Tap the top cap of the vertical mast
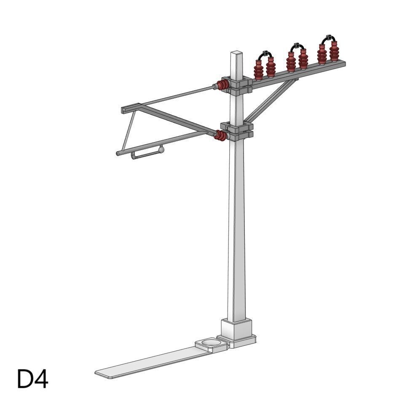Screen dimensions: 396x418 point(237,54)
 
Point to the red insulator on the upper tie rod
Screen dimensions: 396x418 point(223,86)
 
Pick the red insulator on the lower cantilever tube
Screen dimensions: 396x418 point(220,135)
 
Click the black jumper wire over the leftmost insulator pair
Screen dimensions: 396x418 point(264,54)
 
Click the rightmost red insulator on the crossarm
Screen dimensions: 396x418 point(334,51)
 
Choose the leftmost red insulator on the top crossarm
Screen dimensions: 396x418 point(258,70)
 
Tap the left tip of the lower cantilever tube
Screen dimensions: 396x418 point(118,154)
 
